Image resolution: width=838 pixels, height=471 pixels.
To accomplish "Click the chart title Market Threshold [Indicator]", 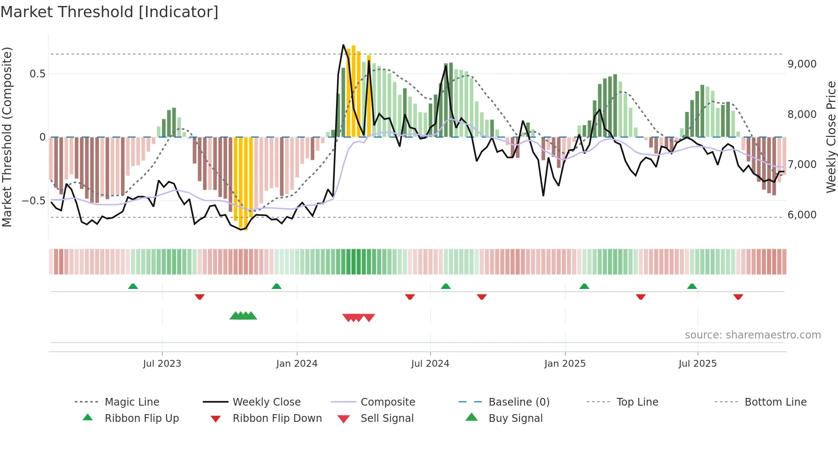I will tap(109, 12).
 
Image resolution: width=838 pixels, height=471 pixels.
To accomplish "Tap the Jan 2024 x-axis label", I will tap(297, 363).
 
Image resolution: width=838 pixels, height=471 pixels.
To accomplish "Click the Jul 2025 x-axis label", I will tap(697, 363).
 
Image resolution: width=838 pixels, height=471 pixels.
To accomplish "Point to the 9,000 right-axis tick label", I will tap(802, 64).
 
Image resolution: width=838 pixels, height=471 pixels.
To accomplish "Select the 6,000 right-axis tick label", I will tap(802, 215).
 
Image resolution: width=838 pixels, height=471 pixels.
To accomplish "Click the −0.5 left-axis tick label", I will tap(34, 201).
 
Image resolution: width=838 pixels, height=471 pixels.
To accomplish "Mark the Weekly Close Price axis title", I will tap(831, 137).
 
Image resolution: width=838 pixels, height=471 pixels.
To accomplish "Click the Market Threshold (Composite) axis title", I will tap(7, 137).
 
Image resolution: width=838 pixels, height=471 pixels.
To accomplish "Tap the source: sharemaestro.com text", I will tap(752, 335).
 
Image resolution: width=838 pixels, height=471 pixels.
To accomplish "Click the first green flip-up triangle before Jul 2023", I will tap(133, 286).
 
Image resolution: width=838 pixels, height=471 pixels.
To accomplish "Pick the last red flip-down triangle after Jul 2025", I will tap(738, 297).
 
